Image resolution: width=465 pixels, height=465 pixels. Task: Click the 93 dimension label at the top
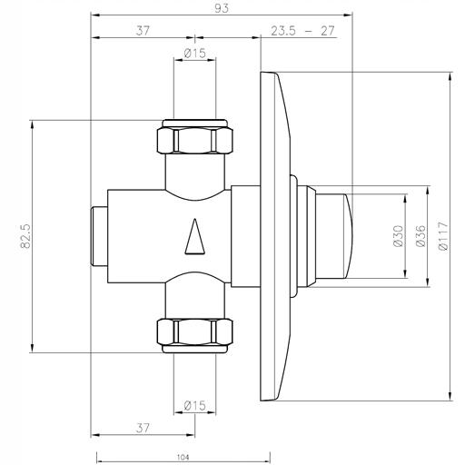(x=222, y=8)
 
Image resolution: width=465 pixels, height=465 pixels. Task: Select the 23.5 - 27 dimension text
(x=302, y=31)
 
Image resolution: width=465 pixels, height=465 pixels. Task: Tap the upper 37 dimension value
(x=143, y=31)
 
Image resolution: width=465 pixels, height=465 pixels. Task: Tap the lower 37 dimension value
(x=143, y=428)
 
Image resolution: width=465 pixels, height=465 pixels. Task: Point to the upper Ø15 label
(x=194, y=54)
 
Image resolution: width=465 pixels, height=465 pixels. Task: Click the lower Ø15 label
(x=194, y=405)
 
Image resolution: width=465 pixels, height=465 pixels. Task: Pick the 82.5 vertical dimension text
(x=25, y=236)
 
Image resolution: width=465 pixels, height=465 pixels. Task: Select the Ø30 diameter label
(x=399, y=236)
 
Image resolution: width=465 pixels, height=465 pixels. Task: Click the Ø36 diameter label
(x=420, y=236)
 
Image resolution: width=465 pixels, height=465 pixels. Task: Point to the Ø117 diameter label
(x=443, y=236)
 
